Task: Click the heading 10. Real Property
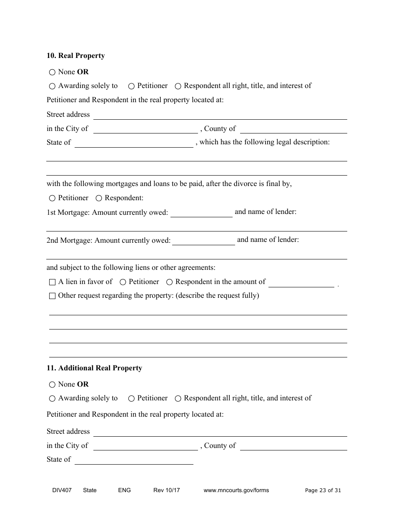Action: tap(75, 56)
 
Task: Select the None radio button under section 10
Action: tap(52, 73)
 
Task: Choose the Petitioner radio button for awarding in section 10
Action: tap(131, 86)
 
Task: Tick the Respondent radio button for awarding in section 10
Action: tap(178, 86)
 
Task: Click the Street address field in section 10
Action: tap(220, 115)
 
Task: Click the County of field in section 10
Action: tap(293, 129)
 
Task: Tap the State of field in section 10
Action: tap(133, 143)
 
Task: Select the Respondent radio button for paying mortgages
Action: tap(99, 199)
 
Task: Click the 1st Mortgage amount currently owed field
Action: tap(201, 213)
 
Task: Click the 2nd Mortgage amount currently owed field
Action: tap(203, 241)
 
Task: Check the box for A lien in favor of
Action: tap(52, 282)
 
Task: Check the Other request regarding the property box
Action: tap(52, 296)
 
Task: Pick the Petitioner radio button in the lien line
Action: tap(123, 282)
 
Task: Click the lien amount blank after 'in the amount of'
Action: tap(301, 283)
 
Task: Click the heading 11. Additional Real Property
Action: tap(94, 368)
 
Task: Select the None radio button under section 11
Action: tap(52, 385)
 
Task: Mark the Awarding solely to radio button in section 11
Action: tap(52, 399)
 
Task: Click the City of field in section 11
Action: tap(145, 446)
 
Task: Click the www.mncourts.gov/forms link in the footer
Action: tap(236, 490)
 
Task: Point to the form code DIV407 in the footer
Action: tap(59, 490)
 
